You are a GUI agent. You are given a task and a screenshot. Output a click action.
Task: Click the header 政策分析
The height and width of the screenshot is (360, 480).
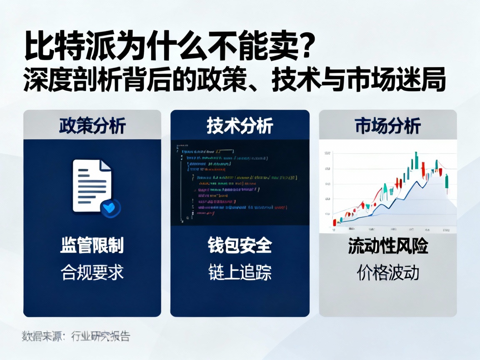coord(92,125)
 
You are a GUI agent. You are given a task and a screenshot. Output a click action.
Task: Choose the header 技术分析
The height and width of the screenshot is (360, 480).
coord(240,125)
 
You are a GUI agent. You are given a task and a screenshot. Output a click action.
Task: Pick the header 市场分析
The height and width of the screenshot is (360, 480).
coord(387,125)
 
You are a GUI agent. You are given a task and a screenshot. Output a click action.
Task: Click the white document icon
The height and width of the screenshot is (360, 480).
coord(92,185)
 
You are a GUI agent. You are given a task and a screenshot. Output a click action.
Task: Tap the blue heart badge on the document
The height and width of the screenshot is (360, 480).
coord(110,207)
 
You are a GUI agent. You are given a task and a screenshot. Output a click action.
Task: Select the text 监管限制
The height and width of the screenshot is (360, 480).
coord(92,246)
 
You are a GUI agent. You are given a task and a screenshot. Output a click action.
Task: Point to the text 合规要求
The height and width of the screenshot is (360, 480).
coord(92,272)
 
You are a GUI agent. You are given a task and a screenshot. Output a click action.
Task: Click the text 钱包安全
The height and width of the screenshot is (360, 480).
coord(240,246)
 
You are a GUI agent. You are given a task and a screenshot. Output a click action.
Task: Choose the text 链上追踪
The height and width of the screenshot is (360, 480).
coord(240,272)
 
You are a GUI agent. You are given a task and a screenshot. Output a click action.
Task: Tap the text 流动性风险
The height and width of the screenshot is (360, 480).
coord(387,246)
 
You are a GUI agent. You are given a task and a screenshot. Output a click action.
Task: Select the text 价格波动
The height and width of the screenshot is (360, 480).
coord(387,272)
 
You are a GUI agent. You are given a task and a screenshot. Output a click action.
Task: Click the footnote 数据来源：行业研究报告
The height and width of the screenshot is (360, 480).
coord(76,335)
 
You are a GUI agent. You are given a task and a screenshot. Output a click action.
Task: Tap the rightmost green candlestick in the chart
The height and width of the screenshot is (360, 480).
coord(447,182)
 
